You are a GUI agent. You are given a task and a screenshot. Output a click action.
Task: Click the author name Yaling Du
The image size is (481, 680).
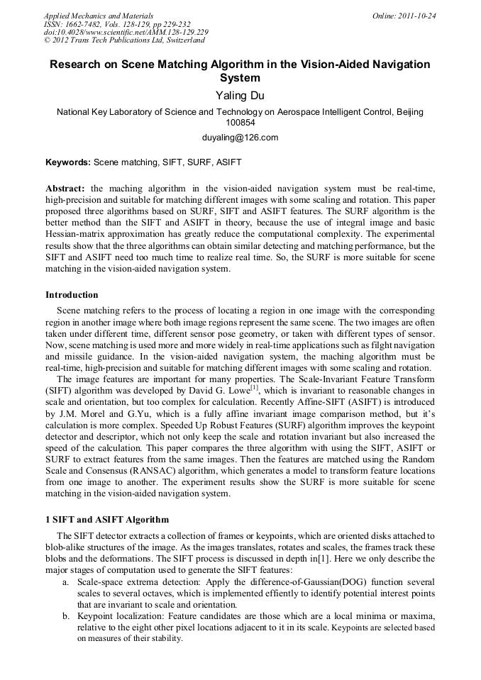coord(240,96)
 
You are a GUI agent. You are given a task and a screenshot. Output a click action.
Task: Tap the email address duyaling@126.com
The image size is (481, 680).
coord(240,138)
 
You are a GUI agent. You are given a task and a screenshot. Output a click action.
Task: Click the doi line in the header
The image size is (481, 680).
coord(126,33)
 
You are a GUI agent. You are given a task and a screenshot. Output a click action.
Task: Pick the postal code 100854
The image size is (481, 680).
coord(240,122)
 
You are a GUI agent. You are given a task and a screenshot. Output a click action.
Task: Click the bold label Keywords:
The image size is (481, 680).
coord(68,162)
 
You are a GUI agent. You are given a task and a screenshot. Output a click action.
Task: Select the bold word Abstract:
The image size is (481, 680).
coord(65,188)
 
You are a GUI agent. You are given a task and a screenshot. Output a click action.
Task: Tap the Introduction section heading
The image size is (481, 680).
coord(72,295)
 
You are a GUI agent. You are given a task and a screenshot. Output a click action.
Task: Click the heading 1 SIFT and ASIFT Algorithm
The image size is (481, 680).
coord(107,519)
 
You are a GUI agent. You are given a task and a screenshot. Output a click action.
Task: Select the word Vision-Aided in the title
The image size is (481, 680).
coord(319,65)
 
